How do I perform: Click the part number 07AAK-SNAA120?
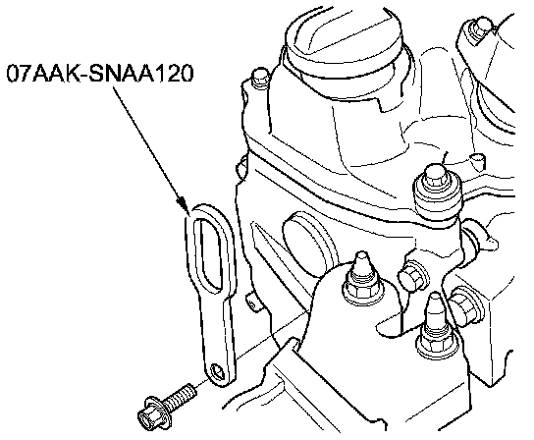click(100, 73)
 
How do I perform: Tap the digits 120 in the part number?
click(174, 73)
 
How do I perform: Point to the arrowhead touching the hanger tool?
click(184, 204)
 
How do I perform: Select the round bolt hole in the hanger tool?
click(218, 371)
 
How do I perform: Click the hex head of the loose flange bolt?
click(149, 416)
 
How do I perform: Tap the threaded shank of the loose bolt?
click(182, 398)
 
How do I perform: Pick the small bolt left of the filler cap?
click(260, 79)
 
